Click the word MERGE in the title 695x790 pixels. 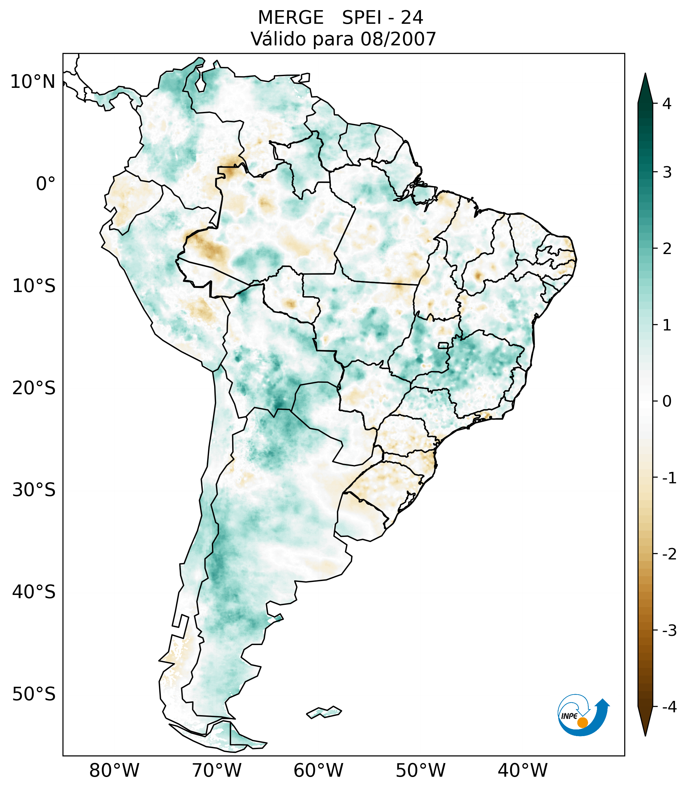point(290,18)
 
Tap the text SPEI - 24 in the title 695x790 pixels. point(382,18)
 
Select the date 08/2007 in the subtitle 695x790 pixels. point(398,39)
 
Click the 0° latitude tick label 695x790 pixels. point(46,184)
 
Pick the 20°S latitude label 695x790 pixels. point(34,388)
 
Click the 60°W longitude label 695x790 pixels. point(318,770)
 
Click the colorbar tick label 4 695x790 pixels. point(667,104)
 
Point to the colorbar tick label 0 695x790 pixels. point(667,402)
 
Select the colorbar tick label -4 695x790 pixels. point(669,707)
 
